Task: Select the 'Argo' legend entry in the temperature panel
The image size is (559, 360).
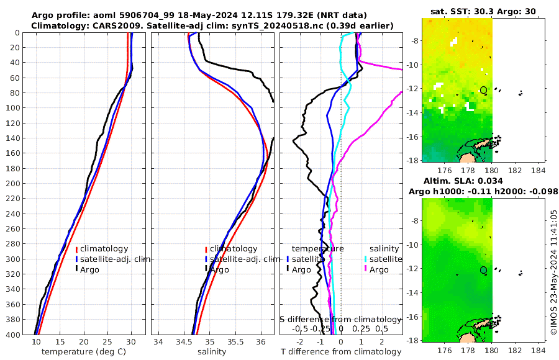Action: (x=91, y=269)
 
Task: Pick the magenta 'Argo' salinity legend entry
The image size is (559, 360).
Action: (x=378, y=269)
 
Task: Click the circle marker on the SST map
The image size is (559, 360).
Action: (x=484, y=90)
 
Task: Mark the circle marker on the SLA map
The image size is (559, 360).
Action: (x=484, y=269)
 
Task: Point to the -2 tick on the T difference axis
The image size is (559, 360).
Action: (x=300, y=342)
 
